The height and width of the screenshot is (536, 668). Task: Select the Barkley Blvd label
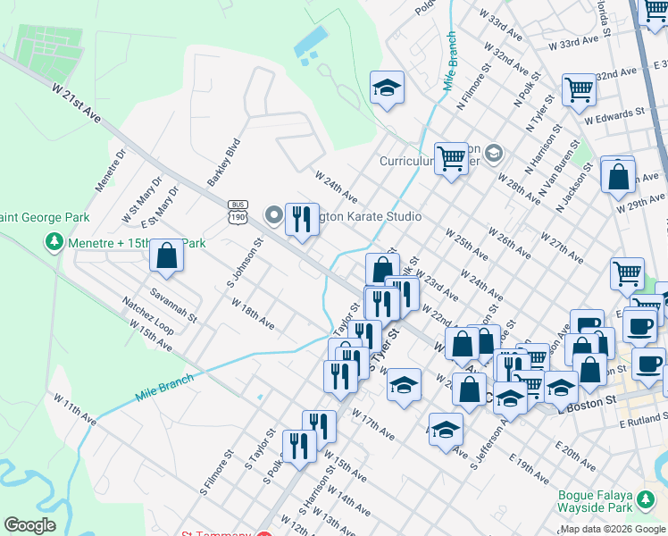click(x=224, y=162)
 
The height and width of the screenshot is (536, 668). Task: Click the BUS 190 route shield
click(x=237, y=210)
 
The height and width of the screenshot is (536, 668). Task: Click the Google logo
click(x=29, y=525)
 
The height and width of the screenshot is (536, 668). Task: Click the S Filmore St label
click(x=216, y=471)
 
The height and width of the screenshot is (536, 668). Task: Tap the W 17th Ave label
click(x=372, y=424)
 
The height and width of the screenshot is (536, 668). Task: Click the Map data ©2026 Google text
click(x=614, y=529)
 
